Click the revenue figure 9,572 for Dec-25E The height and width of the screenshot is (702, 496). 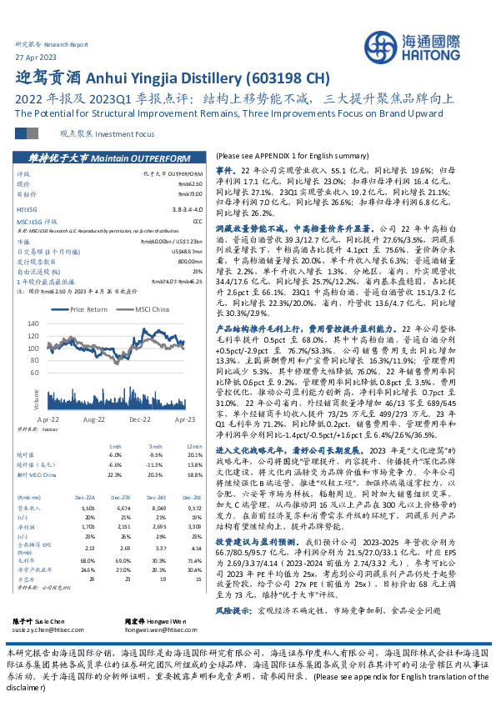coord(193,506)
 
